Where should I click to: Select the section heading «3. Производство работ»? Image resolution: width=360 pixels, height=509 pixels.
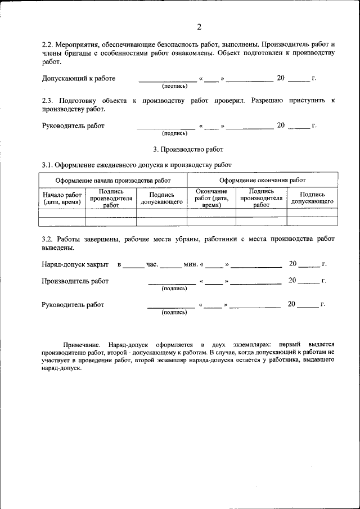pyautogui.click(x=188, y=150)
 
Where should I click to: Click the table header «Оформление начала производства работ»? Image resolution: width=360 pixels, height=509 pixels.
pyautogui.click(x=112, y=181)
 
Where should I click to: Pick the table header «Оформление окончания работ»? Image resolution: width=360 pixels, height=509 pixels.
pyautogui.click(x=262, y=181)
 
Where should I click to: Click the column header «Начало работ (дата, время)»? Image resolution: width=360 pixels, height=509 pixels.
pyautogui.click(x=62, y=198)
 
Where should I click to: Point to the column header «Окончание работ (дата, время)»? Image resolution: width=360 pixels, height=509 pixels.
pyautogui.click(x=211, y=198)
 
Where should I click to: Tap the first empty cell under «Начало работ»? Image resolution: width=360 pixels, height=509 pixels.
pyautogui.click(x=62, y=213)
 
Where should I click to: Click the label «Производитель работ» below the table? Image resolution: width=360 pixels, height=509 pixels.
pyautogui.click(x=75, y=281)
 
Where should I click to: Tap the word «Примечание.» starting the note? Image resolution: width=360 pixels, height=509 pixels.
pyautogui.click(x=81, y=344)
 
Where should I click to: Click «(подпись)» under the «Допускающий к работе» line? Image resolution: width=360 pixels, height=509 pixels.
pyautogui.click(x=174, y=86)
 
